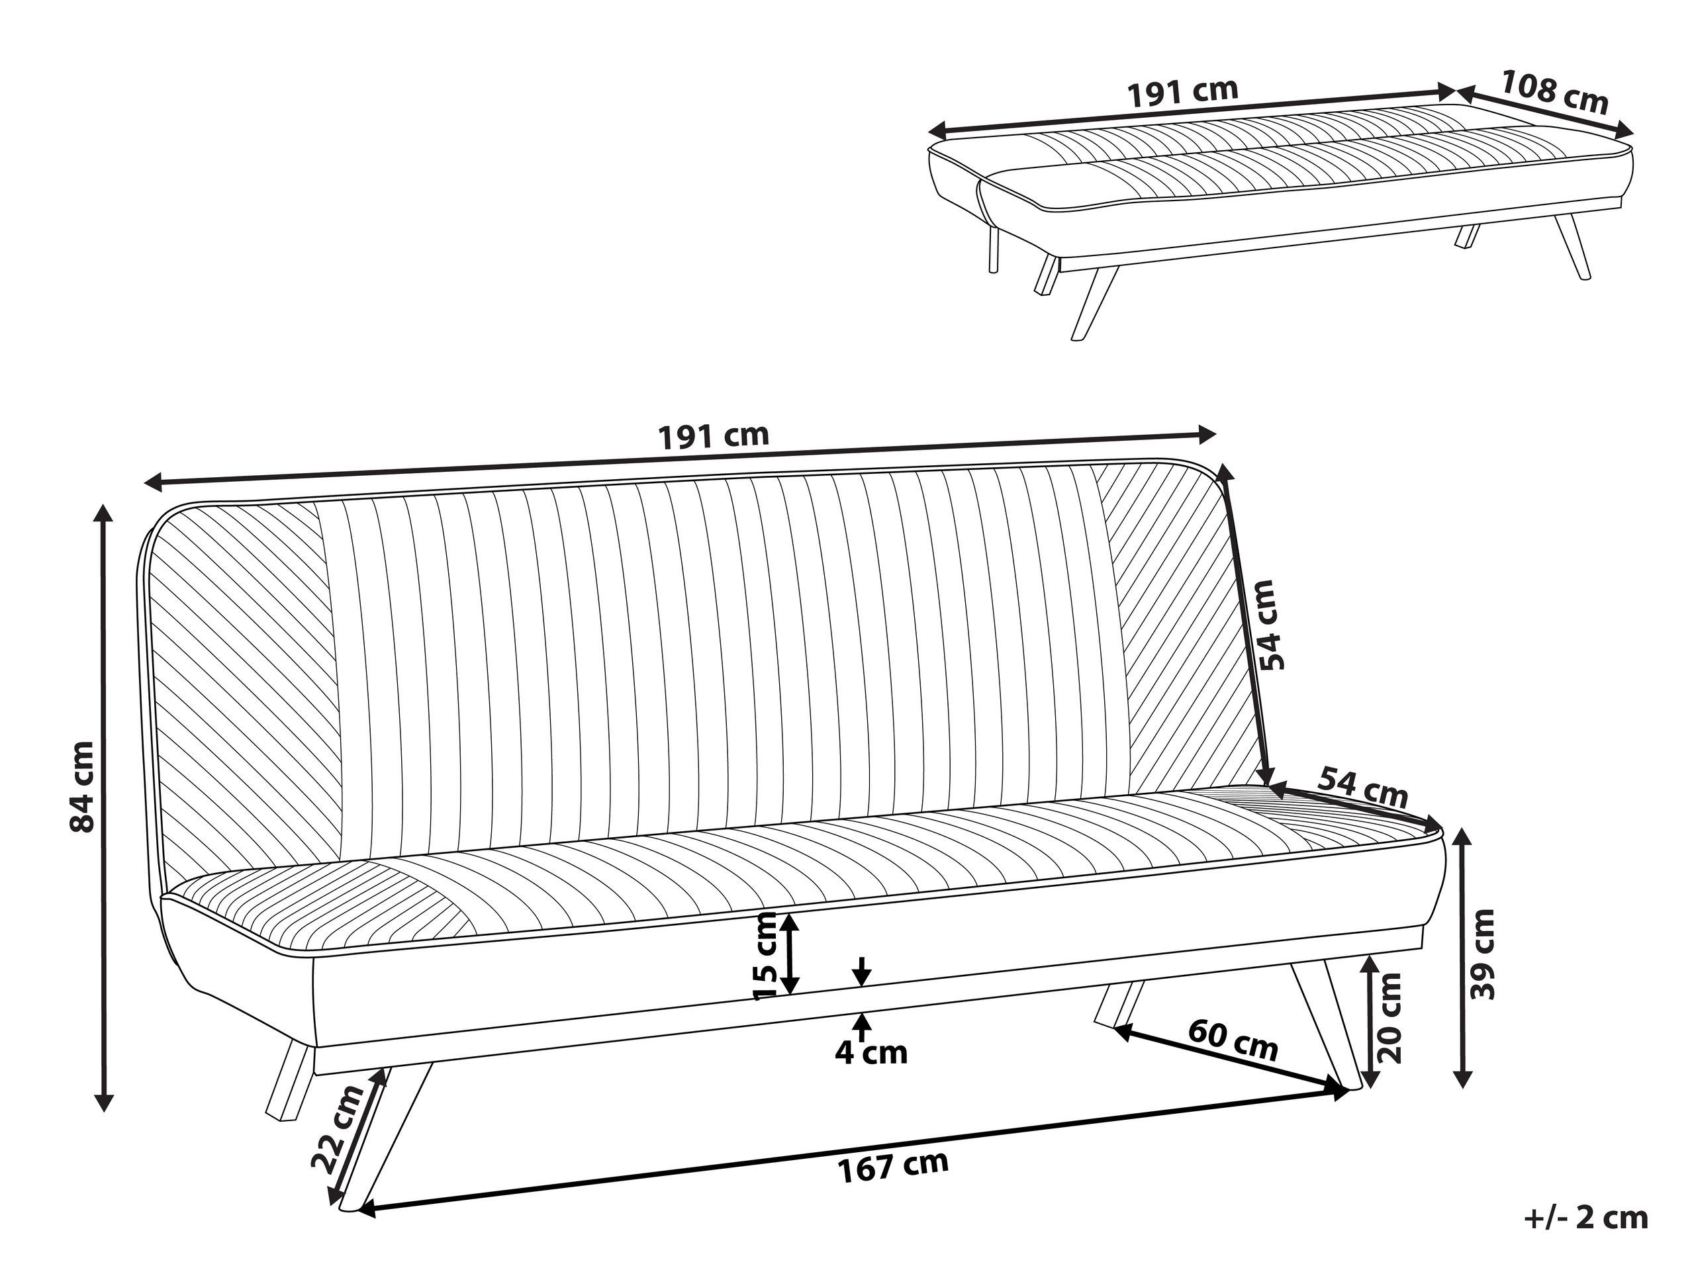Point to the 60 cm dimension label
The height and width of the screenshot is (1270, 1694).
[1234, 1040]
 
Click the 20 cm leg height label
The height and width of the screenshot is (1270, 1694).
[1388, 1017]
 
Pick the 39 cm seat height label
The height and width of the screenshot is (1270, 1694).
[1483, 954]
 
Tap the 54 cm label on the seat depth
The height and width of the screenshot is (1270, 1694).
[1363, 788]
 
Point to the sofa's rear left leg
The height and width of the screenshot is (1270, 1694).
[289, 1081]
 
